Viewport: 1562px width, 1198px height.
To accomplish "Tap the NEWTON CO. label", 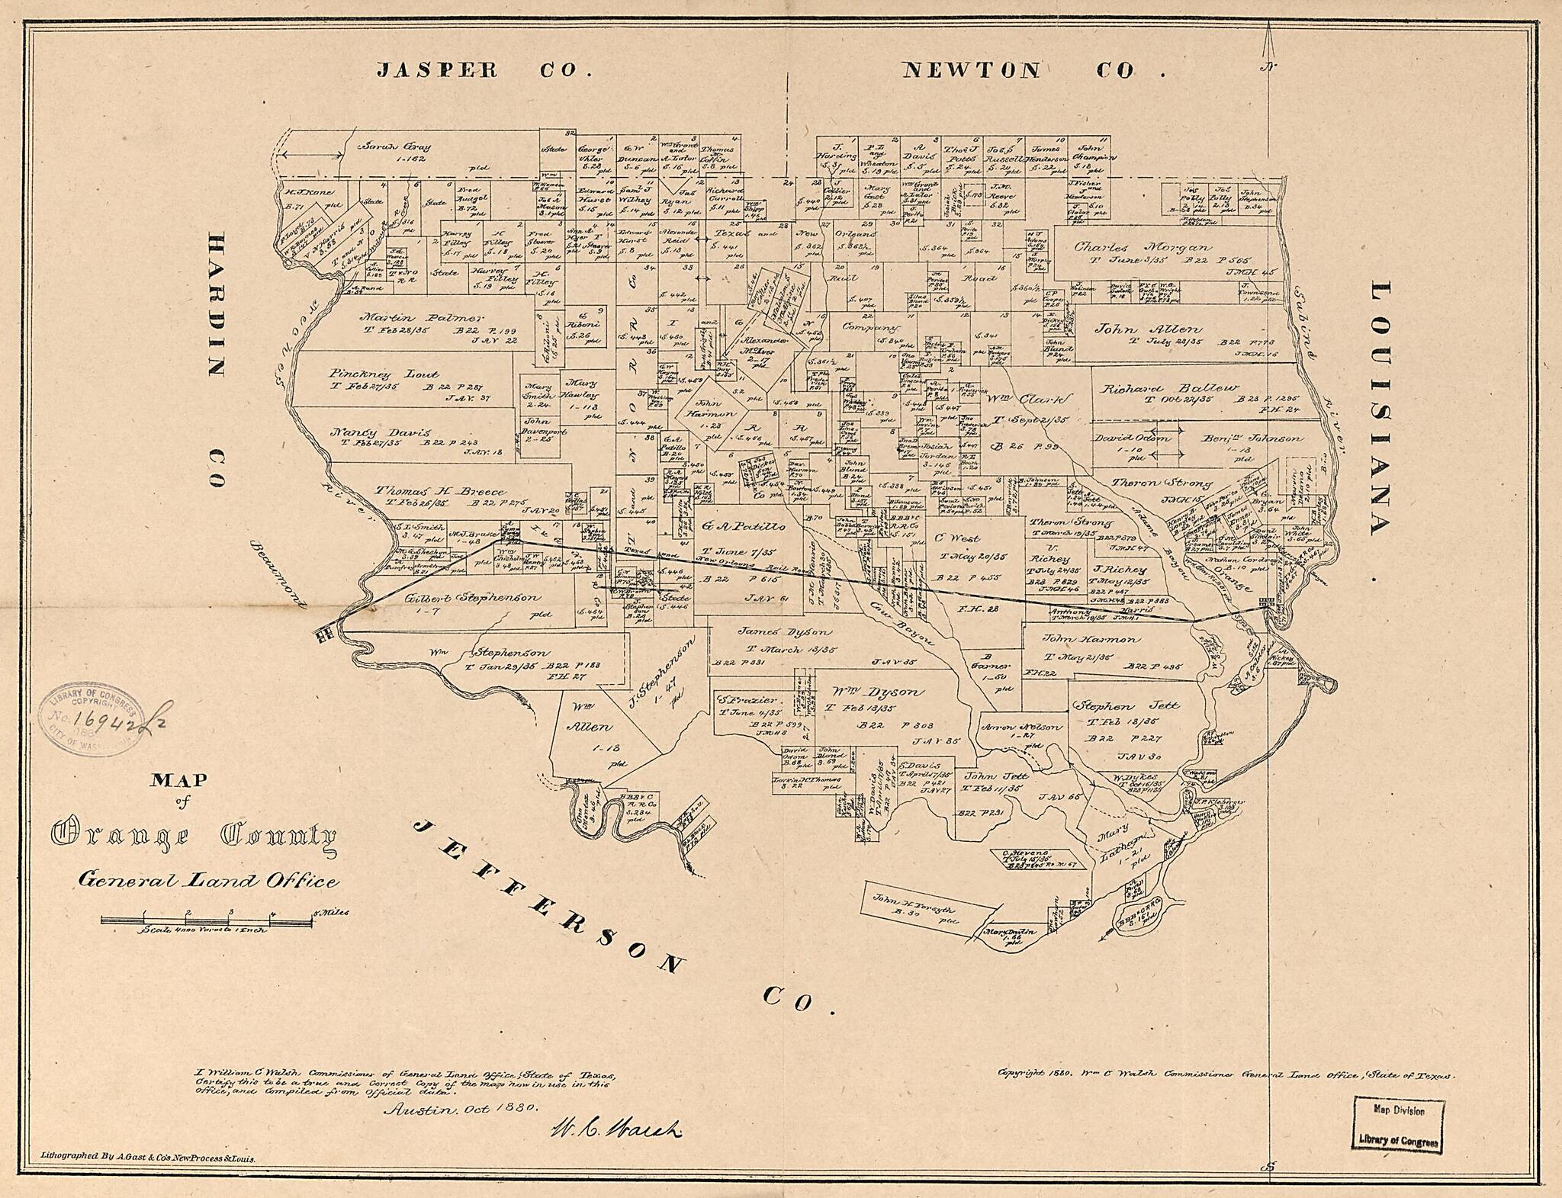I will [1033, 71].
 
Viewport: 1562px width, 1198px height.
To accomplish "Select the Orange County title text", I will [194, 837].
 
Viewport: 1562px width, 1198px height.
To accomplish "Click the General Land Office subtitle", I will [207, 881].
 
